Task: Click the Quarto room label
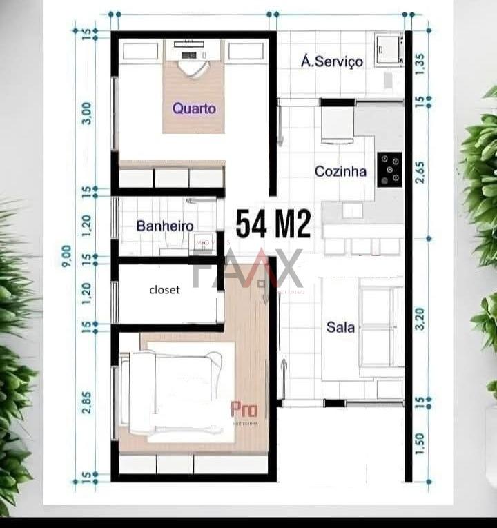(194, 108)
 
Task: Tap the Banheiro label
(164, 226)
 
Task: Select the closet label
(164, 290)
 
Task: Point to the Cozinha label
(340, 171)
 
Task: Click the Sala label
(340, 327)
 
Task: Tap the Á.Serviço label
(332, 61)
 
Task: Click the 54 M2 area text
(273, 224)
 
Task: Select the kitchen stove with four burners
(389, 169)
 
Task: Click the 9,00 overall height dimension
(66, 255)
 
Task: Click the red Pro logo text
(244, 410)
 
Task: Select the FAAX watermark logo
(246, 269)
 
